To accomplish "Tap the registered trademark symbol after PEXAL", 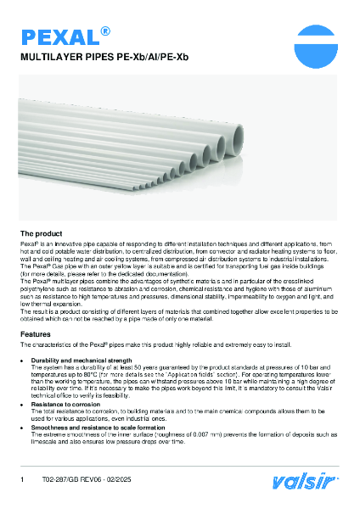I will pos(105,31).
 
